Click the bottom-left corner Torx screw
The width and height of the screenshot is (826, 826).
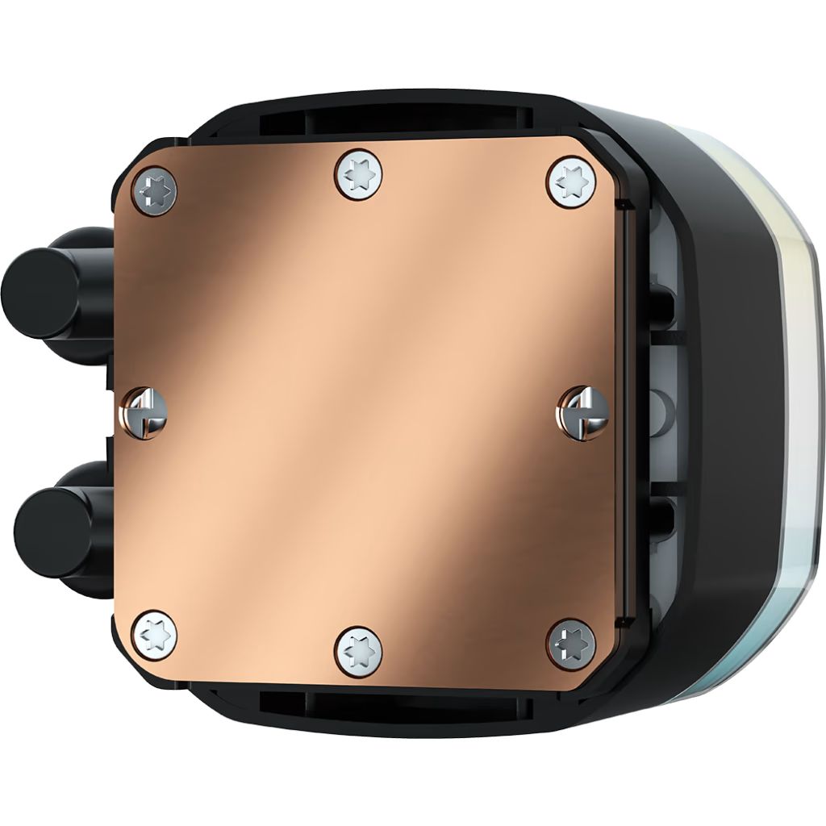154,635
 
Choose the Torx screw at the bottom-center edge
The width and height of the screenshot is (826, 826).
359,650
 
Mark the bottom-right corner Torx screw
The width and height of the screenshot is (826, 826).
571,644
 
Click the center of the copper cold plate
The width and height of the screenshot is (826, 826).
363,411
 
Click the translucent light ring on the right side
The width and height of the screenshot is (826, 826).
803,403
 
